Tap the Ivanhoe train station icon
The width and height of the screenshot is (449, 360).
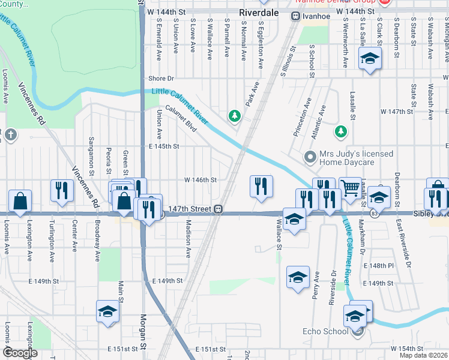click(x=295, y=17)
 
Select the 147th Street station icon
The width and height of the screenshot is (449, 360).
click(x=220, y=209)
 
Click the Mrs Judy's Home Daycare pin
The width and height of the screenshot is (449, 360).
click(x=310, y=158)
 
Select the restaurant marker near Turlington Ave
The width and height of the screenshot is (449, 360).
click(x=61, y=191)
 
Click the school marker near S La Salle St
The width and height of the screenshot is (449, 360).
click(x=370, y=59)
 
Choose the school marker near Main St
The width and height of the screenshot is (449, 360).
click(x=107, y=311)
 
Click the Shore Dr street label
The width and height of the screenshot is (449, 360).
click(x=161, y=79)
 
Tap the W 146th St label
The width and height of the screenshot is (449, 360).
click(x=200, y=179)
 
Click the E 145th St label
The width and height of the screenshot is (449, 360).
click(x=164, y=146)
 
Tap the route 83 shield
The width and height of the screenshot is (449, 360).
click(x=374, y=214)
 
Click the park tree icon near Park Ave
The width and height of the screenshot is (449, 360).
click(x=235, y=115)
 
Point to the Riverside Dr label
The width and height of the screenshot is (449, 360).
click(x=333, y=287)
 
